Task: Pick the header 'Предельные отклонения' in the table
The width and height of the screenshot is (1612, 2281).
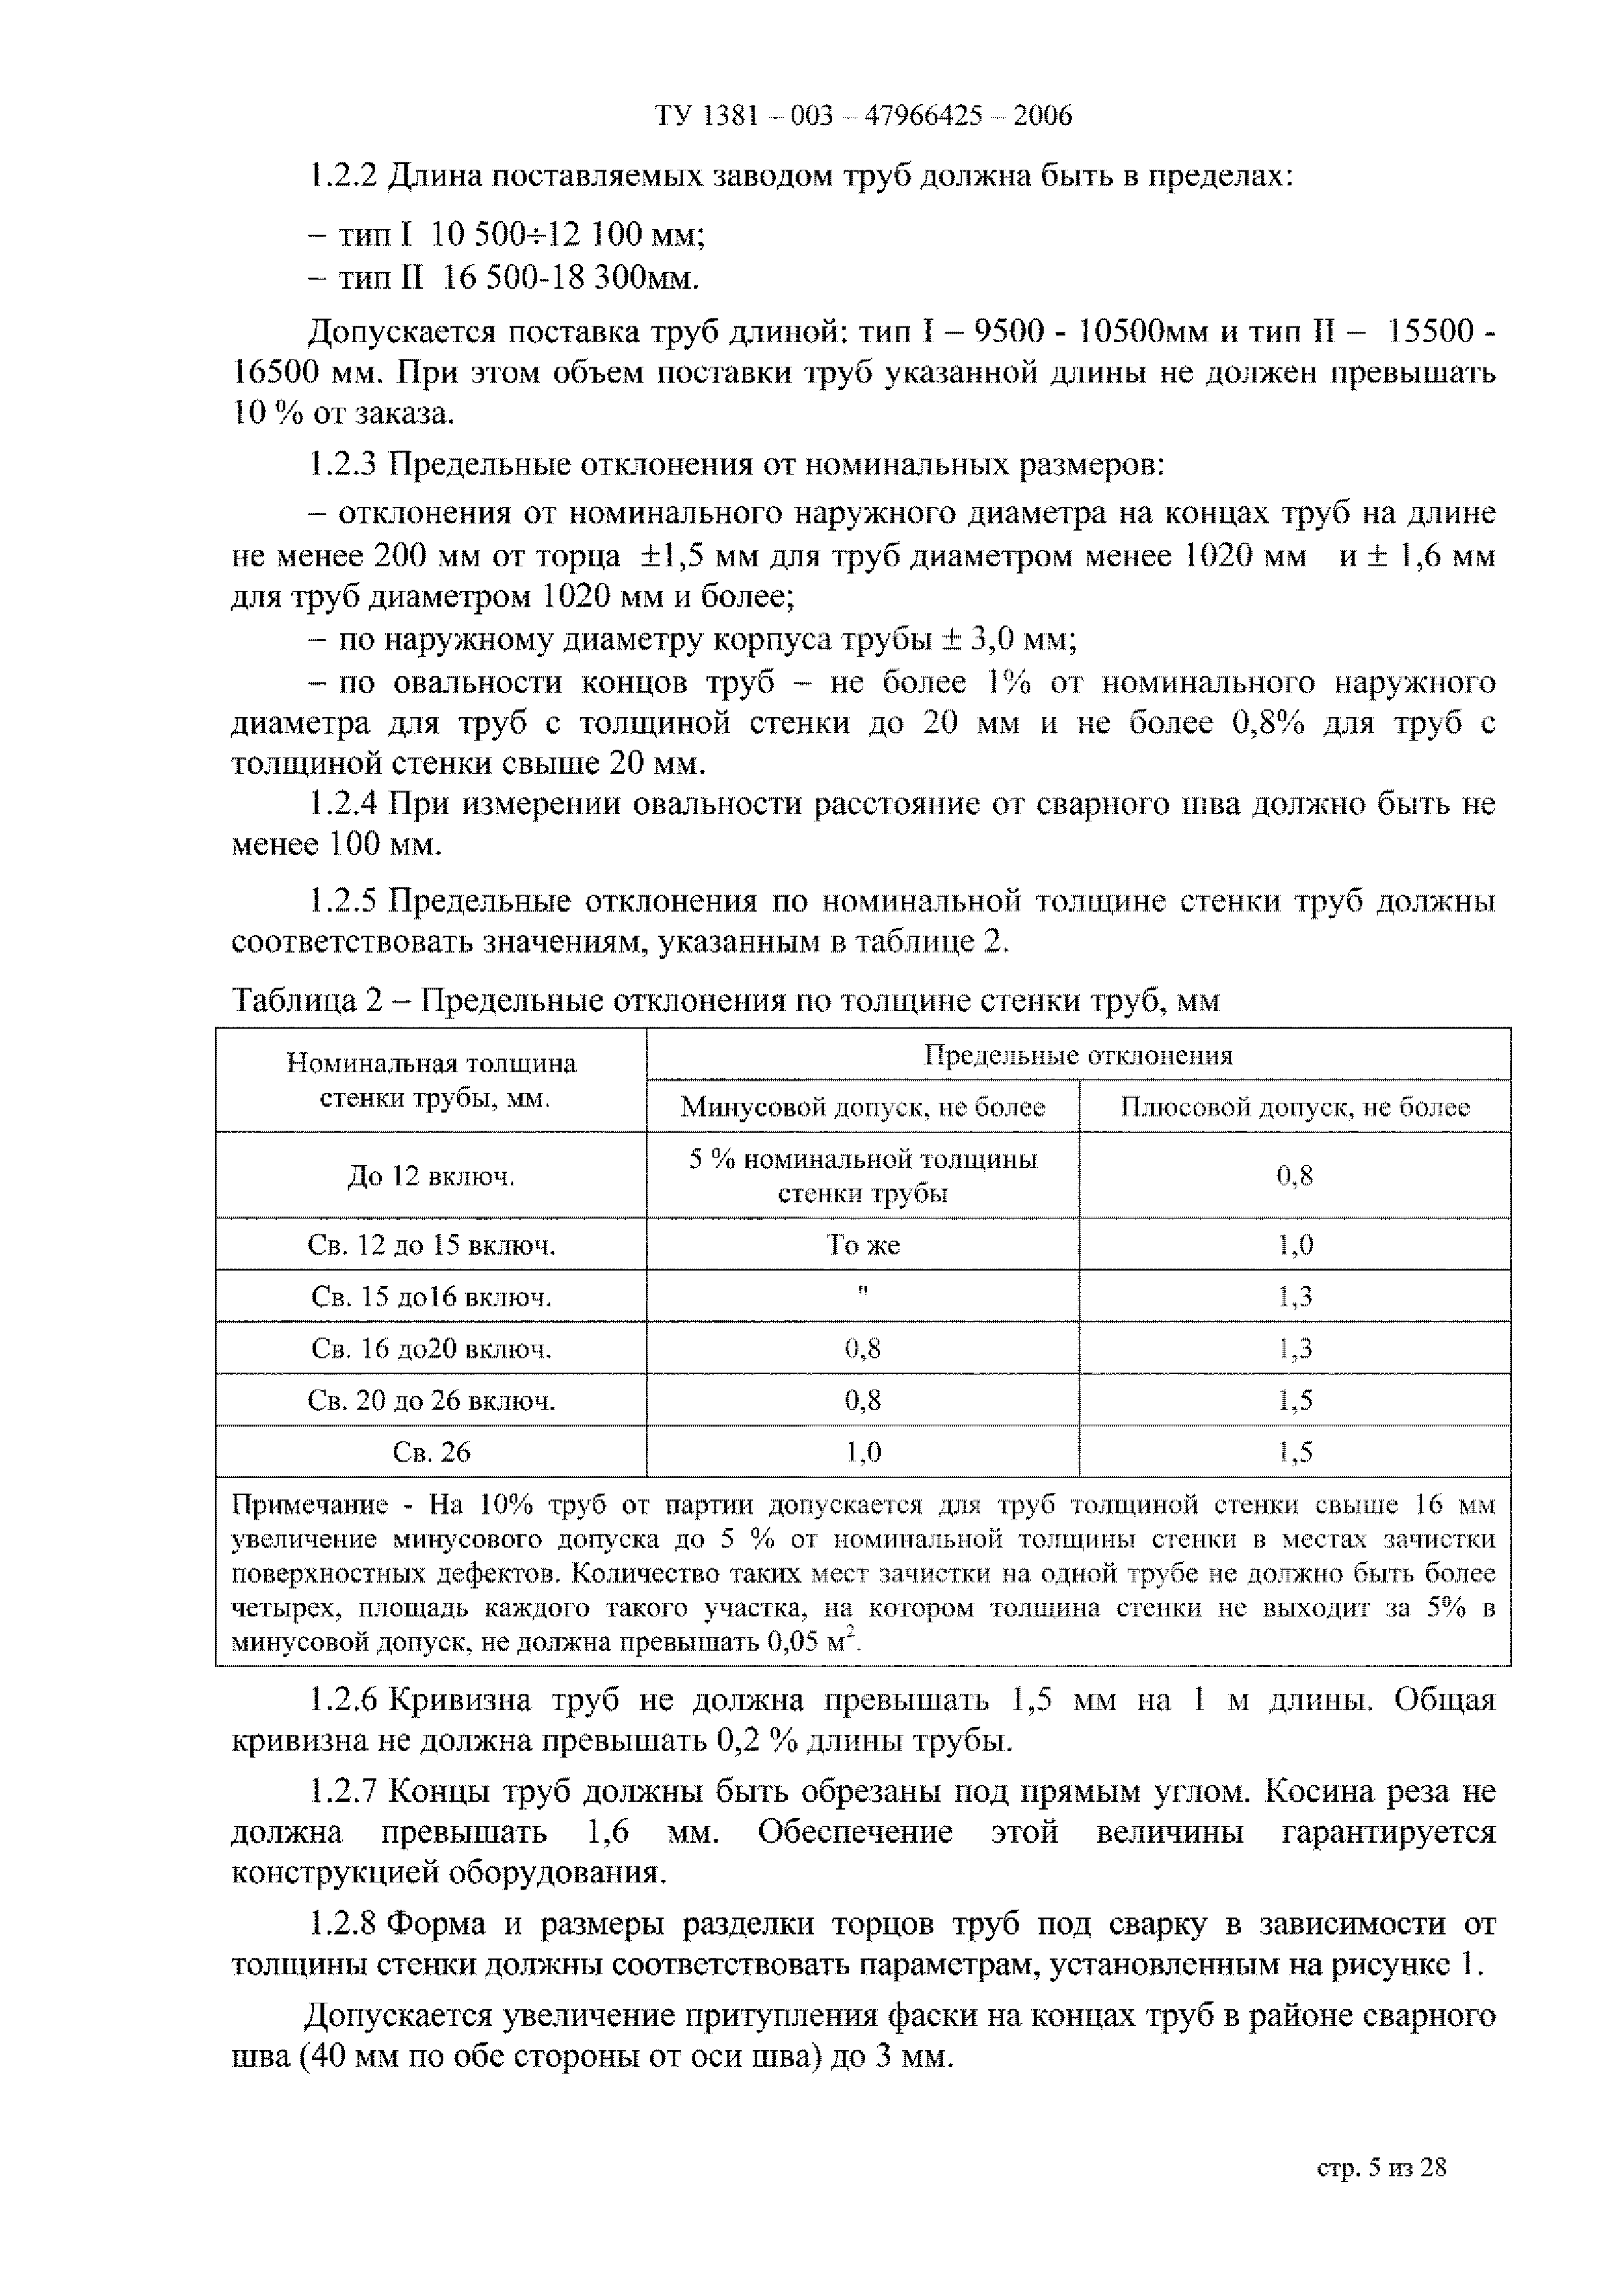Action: click(1078, 1055)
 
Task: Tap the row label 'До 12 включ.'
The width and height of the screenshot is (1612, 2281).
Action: click(431, 1176)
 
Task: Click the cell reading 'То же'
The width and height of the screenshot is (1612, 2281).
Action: click(862, 1245)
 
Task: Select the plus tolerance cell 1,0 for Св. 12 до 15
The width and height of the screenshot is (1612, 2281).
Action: click(1294, 1245)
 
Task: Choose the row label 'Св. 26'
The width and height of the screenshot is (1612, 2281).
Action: click(431, 1453)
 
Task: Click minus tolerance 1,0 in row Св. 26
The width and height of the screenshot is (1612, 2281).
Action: click(862, 1453)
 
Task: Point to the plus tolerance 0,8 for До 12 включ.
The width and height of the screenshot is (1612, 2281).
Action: click(1294, 1176)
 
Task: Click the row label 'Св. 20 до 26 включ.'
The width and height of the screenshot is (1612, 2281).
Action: click(431, 1401)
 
